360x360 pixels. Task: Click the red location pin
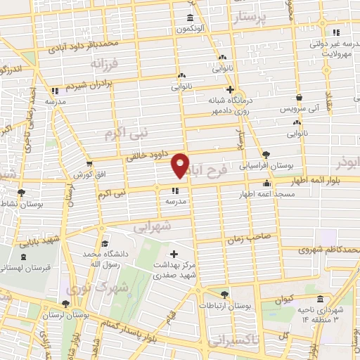click(181, 165)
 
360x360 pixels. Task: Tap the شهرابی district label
click(152, 227)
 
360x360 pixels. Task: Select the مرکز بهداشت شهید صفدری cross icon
click(174, 253)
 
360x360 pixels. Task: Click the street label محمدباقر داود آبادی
click(81, 46)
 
